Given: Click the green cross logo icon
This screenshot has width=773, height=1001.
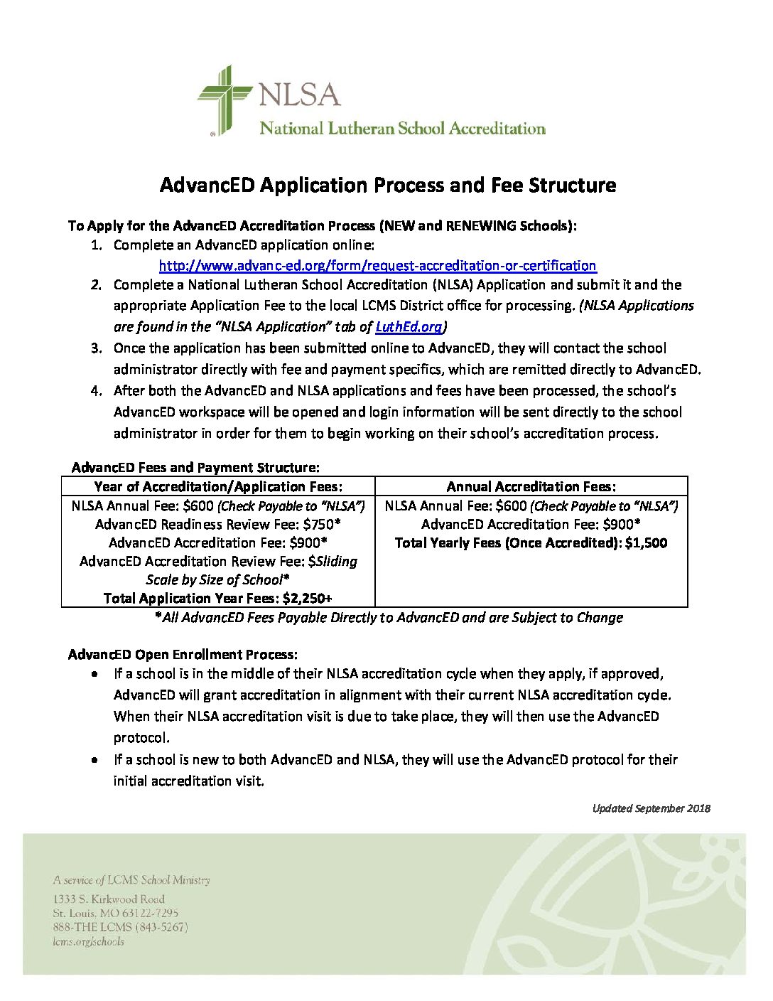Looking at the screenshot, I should coord(225,100).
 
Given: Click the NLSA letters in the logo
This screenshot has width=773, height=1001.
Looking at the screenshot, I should coord(299,95).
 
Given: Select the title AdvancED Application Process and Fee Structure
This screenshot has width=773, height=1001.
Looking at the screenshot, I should coord(387,185).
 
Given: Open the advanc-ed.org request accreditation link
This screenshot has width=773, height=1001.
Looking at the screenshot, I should coord(377,265).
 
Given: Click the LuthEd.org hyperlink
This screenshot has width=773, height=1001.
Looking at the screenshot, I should coord(408,327).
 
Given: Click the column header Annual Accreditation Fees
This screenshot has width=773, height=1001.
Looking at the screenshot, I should coord(531,486).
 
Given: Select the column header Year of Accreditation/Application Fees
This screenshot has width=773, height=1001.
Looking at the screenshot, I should coord(218,486).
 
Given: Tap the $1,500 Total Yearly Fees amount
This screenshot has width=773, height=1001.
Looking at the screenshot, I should coord(646,542).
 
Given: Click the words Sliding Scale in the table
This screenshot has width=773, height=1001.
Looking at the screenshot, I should coord(335,562).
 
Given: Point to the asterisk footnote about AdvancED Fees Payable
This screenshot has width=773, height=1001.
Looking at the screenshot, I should coord(389,617).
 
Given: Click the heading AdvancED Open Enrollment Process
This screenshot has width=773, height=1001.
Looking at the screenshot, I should coord(183,654).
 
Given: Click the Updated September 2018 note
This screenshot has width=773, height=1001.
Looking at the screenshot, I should coord(651,808).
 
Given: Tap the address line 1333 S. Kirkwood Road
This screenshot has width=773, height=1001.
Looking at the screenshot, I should coord(109,899).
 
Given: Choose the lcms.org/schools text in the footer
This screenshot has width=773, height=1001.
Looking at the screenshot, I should coord(88,941).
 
